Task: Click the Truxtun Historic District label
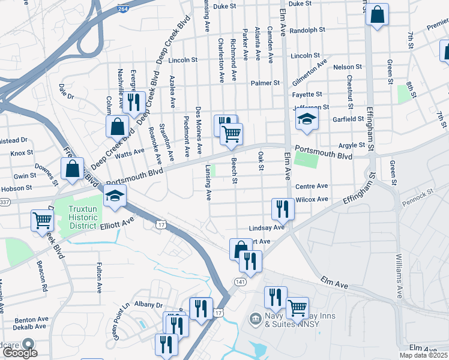(x=74, y=218)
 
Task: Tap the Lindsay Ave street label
(x=267, y=229)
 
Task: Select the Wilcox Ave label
(x=312, y=199)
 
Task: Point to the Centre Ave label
(x=311, y=187)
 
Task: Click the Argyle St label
(x=352, y=145)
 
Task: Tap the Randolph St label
(x=307, y=29)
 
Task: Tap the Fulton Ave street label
(x=99, y=277)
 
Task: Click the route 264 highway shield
(x=122, y=9)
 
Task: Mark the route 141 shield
(x=240, y=281)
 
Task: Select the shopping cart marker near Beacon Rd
(x=42, y=220)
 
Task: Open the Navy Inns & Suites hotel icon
(x=255, y=317)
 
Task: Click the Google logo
(x=20, y=353)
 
